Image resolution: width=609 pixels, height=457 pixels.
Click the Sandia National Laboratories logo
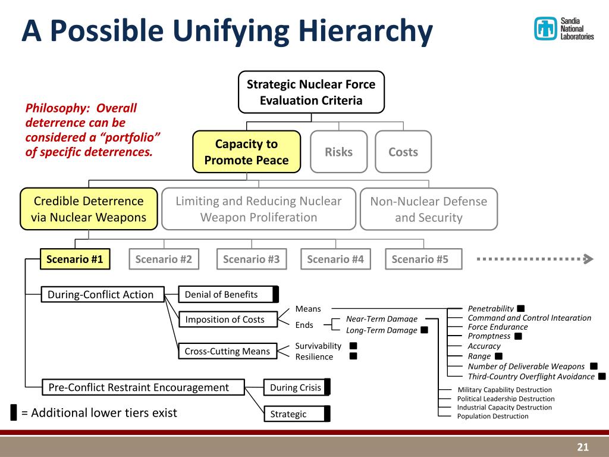click(x=564, y=29)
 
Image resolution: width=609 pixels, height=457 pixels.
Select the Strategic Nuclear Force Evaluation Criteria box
click(x=311, y=92)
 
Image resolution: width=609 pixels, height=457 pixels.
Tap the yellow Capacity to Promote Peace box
click(x=247, y=152)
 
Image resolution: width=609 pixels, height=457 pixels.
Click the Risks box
click(x=338, y=152)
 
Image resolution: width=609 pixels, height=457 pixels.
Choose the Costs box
click(x=403, y=152)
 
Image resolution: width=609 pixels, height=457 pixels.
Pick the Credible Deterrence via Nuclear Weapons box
click(x=89, y=209)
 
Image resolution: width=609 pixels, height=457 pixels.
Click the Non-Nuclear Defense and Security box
click(x=428, y=209)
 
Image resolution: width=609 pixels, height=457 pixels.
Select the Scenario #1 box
click(x=75, y=259)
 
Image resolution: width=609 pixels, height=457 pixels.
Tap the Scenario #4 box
click(x=335, y=259)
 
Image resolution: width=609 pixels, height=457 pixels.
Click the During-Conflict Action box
click(x=102, y=294)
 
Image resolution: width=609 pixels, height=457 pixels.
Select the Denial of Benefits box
click(x=228, y=294)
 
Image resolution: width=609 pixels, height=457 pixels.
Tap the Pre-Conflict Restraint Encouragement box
click(x=143, y=387)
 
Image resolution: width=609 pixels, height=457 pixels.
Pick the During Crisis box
click(x=296, y=387)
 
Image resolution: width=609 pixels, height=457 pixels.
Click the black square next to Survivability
click(x=353, y=346)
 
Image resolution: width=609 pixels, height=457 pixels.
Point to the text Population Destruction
click(x=492, y=416)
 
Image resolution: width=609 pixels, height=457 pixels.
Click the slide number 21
click(x=582, y=447)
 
